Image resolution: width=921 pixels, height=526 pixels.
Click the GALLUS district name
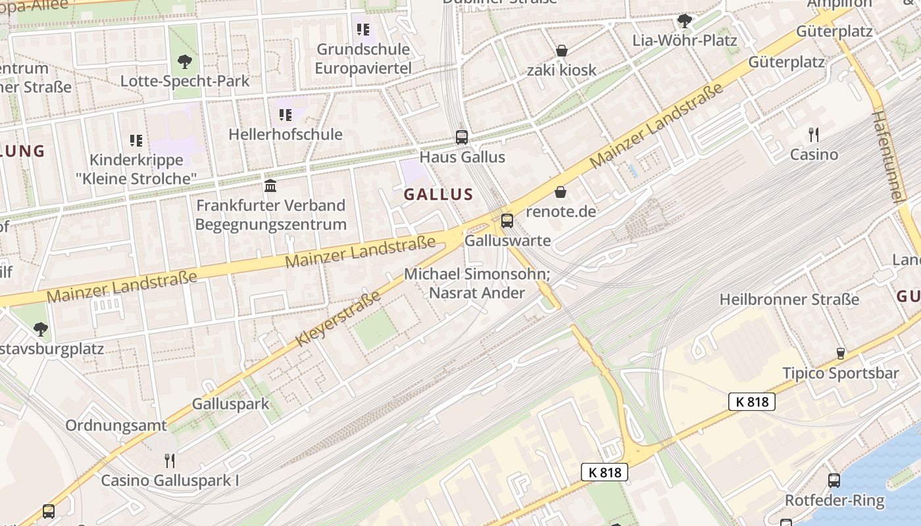point(438,194)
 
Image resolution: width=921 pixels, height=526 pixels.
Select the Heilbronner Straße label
point(789,300)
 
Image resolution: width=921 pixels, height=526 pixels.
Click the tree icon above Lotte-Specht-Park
point(185,62)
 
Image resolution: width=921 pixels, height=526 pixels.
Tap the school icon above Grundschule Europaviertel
point(363,30)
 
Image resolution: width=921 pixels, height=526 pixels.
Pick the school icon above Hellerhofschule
point(286,115)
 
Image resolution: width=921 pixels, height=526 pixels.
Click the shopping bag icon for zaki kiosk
point(562,51)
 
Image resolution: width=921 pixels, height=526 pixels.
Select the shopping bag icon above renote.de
point(560,192)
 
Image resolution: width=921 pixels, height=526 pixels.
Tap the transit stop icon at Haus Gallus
point(462,137)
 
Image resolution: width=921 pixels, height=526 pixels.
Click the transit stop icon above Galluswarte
point(507,221)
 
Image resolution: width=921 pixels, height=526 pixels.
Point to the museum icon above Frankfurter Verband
point(270,185)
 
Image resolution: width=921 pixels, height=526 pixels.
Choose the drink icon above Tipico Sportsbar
point(840,354)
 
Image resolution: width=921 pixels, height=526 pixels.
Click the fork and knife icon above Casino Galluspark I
point(170,460)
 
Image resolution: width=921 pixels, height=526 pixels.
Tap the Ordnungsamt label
point(116,425)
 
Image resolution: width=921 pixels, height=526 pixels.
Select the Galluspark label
point(230,404)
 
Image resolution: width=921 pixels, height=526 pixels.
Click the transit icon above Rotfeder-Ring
point(834,481)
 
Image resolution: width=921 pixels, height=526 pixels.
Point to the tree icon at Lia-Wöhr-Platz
point(684,21)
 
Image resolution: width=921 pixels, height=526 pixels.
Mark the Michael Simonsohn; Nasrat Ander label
point(477,283)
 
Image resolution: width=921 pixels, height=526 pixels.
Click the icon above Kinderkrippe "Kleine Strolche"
point(136,140)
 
